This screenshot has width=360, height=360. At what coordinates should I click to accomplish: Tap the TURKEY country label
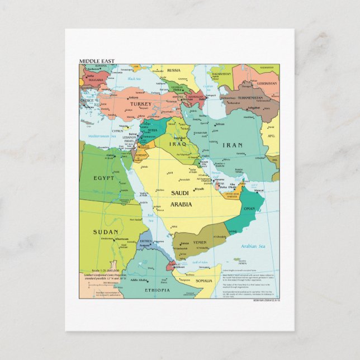pyautogui.click(x=141, y=104)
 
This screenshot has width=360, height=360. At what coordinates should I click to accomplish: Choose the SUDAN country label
pyautogui.click(x=106, y=231)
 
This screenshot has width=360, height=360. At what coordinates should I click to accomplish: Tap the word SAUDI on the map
pyautogui.click(x=181, y=193)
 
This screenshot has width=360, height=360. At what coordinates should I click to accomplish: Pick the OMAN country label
pyautogui.click(x=249, y=209)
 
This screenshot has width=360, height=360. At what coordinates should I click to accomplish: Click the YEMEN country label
pyautogui.click(x=200, y=243)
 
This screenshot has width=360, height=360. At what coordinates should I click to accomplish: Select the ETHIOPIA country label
pyautogui.click(x=157, y=290)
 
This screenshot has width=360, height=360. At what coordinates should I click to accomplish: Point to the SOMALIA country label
pyautogui.click(x=204, y=281)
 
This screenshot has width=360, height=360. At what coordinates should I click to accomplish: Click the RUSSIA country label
pyautogui.click(x=174, y=70)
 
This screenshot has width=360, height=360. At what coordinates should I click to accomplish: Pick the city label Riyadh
pyautogui.click(x=199, y=190)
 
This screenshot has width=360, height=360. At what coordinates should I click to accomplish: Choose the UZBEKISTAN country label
pyautogui.click(x=267, y=83)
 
